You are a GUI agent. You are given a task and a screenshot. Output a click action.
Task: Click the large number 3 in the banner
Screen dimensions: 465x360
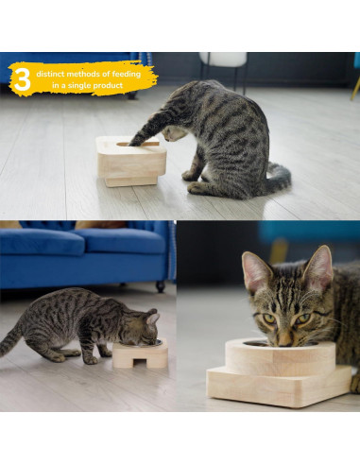(21, 79)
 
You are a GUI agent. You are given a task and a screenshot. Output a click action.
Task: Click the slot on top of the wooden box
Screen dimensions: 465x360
(131, 144)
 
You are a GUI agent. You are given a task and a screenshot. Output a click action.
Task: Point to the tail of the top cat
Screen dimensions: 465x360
(277, 180)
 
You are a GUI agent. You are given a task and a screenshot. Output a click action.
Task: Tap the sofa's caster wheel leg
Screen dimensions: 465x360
(161, 285)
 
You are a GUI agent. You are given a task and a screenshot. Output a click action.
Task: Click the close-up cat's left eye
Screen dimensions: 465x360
(269, 318)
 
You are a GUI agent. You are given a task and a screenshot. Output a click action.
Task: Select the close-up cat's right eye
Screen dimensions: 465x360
(304, 318)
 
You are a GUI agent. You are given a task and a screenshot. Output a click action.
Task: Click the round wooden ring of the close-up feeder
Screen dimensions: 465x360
(279, 358)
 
